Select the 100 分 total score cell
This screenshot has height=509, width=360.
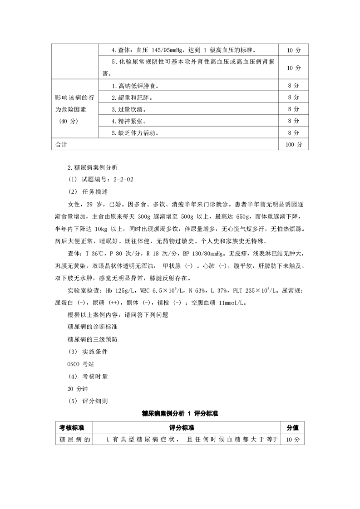[294, 144]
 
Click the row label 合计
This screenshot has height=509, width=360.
[61, 144]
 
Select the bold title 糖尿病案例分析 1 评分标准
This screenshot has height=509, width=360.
[180, 414]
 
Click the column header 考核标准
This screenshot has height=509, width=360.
[72, 427]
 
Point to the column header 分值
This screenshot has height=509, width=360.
[293, 427]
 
